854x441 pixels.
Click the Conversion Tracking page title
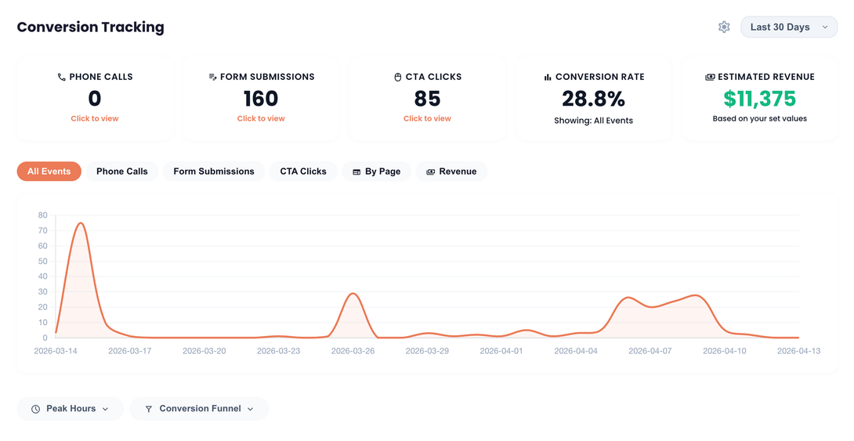(90, 27)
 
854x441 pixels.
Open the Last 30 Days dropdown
(788, 27)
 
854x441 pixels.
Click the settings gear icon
(724, 27)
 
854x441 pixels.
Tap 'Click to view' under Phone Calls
(95, 119)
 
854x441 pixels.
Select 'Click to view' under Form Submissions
(261, 119)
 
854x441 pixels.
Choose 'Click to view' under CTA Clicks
(427, 119)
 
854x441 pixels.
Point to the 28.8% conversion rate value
(593, 99)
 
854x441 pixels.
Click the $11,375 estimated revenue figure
(759, 99)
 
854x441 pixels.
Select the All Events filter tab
(49, 172)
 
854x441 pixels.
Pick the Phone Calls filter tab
(121, 172)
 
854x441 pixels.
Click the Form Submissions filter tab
(214, 172)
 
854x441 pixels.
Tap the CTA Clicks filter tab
(303, 172)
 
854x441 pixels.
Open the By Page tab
(376, 172)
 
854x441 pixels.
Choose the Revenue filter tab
(451, 172)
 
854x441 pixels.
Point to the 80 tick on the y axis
(42, 215)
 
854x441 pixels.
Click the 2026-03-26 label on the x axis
(353, 351)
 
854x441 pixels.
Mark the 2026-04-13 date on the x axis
(798, 351)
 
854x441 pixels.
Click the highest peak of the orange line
(80, 223)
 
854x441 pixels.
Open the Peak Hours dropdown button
(70, 409)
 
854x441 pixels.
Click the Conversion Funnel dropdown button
(199, 409)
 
